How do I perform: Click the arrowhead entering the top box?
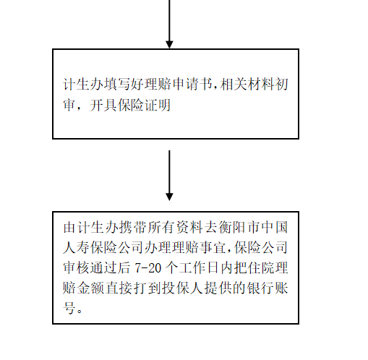pos(169,45)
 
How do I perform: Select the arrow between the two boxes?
pos(169,176)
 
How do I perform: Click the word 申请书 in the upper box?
pos(194,84)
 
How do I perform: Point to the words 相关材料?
pos(247,84)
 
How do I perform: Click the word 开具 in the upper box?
pos(103,105)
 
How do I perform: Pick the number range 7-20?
pos(147,267)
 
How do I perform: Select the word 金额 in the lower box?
pos(90,288)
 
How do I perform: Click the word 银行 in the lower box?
pos(260,288)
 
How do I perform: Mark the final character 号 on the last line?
pos(69,308)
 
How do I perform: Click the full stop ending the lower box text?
pos(80,311)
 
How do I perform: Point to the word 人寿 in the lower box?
pos(76,247)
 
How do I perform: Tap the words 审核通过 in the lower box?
pos(90,267)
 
